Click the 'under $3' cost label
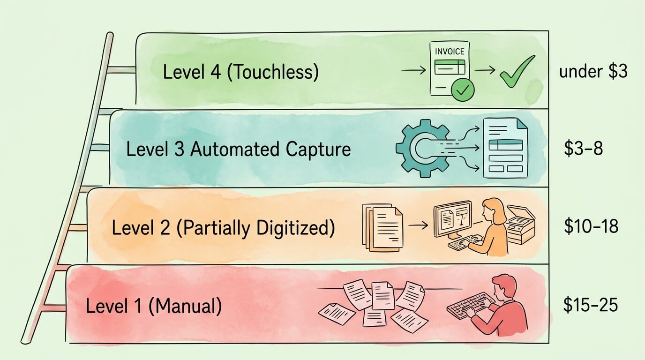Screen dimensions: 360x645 click(593, 72)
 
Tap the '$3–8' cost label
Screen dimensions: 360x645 click(583, 149)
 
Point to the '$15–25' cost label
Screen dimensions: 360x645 click(591, 305)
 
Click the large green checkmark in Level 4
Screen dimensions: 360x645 click(517, 71)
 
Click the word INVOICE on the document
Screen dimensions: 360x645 click(450, 52)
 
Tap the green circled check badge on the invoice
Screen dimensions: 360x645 click(462, 90)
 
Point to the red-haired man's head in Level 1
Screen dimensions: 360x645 click(504, 287)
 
